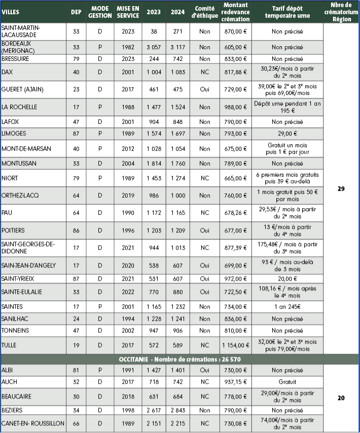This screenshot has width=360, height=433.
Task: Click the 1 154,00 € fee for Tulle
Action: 235,345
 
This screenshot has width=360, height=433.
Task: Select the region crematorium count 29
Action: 341,189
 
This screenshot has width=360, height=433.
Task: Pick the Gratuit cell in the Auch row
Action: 287,381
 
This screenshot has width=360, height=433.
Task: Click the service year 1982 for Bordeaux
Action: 128,47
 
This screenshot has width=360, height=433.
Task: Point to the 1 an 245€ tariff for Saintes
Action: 287,307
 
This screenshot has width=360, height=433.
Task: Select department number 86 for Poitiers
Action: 76,230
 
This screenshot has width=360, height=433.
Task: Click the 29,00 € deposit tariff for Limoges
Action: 287,134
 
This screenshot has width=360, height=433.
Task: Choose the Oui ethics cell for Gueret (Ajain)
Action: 204,89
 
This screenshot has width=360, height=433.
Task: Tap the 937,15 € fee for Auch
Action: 235,381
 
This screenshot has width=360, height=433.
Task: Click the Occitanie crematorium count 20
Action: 341,398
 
